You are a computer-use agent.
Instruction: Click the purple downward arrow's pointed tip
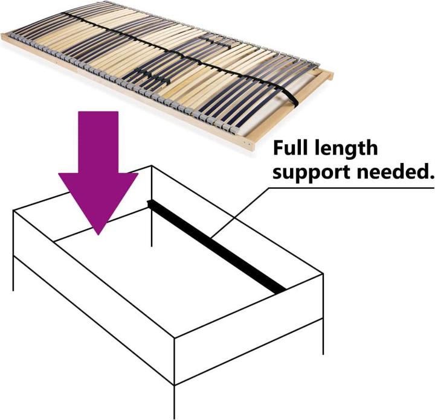pyautogui.click(x=98, y=234)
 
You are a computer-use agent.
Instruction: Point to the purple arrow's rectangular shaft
pyautogui.click(x=98, y=142)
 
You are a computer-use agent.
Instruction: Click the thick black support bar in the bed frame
pyautogui.click(x=216, y=246)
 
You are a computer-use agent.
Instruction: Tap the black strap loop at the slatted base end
pyautogui.click(x=291, y=99)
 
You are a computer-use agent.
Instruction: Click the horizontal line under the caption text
pyautogui.click(x=351, y=188)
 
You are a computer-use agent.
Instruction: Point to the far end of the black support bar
pyautogui.click(x=149, y=203)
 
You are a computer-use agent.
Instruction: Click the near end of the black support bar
pyautogui.click(x=280, y=290)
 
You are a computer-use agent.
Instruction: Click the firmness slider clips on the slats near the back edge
pyautogui.click(x=214, y=42)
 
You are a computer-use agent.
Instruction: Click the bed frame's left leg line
pyautogui.click(x=13, y=273)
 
